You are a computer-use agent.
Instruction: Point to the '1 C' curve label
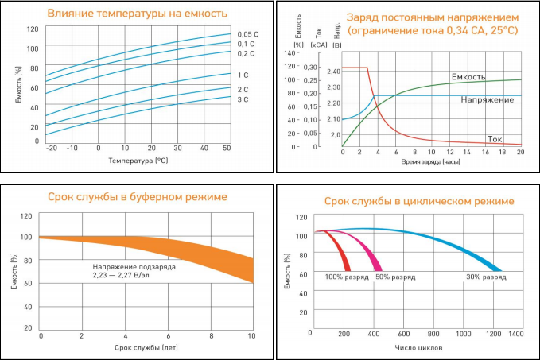click(x=242, y=75)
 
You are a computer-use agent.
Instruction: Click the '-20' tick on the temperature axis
click(x=52, y=149)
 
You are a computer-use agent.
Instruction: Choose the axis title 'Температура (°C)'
click(x=138, y=161)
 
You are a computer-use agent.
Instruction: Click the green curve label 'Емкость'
click(x=468, y=76)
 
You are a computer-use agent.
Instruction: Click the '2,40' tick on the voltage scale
click(x=333, y=72)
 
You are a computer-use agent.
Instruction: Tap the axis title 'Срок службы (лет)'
click(x=146, y=348)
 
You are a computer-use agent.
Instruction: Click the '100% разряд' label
click(x=343, y=277)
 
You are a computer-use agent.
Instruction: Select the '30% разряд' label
click(x=485, y=277)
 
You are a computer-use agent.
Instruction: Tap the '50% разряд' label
click(x=395, y=277)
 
